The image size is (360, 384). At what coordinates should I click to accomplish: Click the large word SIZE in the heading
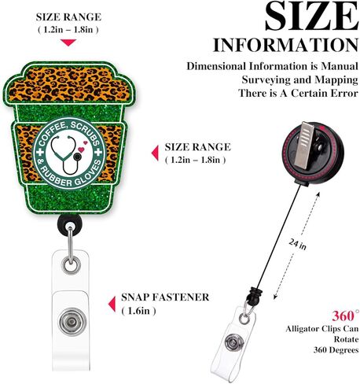pos(311,17)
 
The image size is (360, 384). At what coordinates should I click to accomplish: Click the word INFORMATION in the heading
pos(285,46)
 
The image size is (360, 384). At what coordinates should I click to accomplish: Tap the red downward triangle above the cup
pos(68,42)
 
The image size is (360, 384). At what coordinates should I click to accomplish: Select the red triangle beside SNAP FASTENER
pos(112,304)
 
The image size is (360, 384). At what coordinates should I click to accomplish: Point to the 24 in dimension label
pos(298,245)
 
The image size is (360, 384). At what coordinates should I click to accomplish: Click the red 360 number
pos(343,316)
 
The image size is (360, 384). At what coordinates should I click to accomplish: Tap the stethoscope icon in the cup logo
pos(67,155)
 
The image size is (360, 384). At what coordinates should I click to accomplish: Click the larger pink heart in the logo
pos(81,150)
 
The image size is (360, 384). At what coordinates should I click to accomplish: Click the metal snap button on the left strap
pos(72,322)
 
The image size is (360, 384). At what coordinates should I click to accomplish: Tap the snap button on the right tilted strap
pos(234,342)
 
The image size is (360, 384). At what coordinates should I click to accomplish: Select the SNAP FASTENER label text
pos(165,297)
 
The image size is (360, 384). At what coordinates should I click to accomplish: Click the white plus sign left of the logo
pos(40,152)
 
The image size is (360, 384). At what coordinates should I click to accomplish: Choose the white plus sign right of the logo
pos(98,152)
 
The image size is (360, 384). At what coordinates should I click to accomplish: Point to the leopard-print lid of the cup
pos(69,84)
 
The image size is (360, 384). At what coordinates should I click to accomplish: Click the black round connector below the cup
pos(69,225)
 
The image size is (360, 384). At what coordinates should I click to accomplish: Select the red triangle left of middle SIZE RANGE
pos(155,153)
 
